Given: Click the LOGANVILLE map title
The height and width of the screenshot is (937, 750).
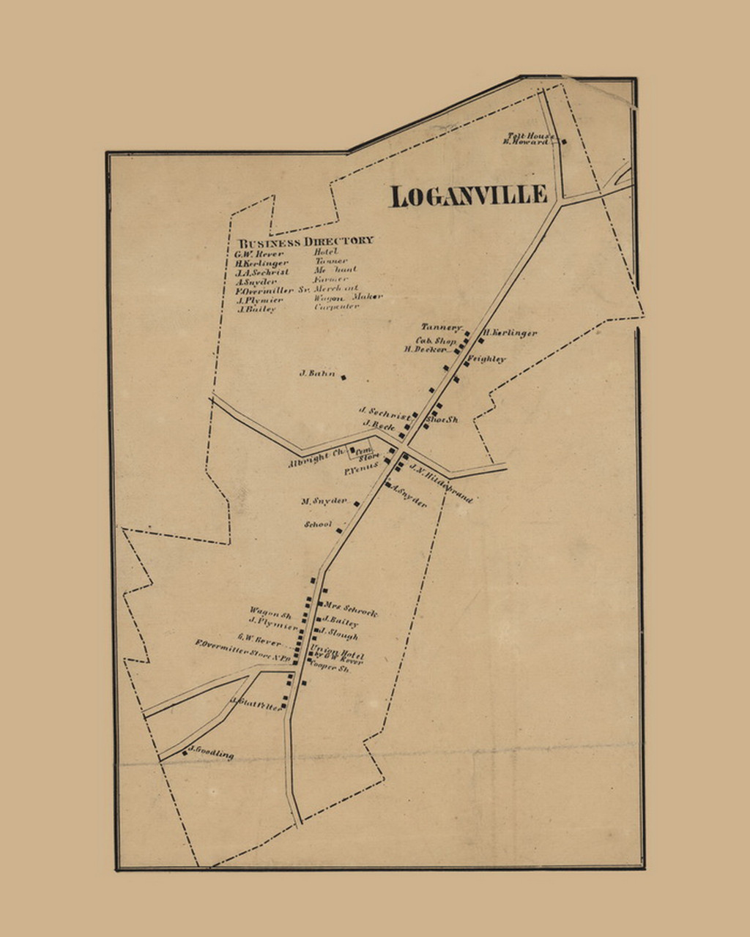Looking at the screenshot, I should pos(468,196).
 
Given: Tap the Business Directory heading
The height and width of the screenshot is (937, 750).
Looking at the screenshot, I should pos(305,241).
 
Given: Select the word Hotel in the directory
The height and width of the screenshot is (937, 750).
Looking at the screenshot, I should pos(326,252).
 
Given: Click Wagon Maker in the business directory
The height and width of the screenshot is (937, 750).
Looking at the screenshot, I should pos(348,297).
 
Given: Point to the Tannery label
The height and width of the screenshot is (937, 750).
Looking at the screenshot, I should pos(441,327).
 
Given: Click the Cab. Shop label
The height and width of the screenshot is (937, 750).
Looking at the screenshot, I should pos(436,340).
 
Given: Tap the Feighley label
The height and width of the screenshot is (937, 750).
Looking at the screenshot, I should pos(487,359).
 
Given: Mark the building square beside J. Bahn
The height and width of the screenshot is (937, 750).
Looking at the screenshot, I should pos(344,378).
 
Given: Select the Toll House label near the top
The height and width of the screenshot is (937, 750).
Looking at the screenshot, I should pos(532,135).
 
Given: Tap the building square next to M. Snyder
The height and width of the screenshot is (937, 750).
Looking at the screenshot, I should pos(357,504).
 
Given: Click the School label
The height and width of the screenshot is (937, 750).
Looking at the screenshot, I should pos(318,525).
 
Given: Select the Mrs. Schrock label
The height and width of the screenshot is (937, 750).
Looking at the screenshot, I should pos(350,609).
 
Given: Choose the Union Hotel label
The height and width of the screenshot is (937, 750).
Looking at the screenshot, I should pos(336,653).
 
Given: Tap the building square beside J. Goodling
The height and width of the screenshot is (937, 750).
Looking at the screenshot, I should pos(185,752).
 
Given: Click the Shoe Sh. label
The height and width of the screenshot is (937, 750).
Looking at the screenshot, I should pos(442,419).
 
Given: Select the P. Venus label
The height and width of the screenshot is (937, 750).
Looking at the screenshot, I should pos(361,466).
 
